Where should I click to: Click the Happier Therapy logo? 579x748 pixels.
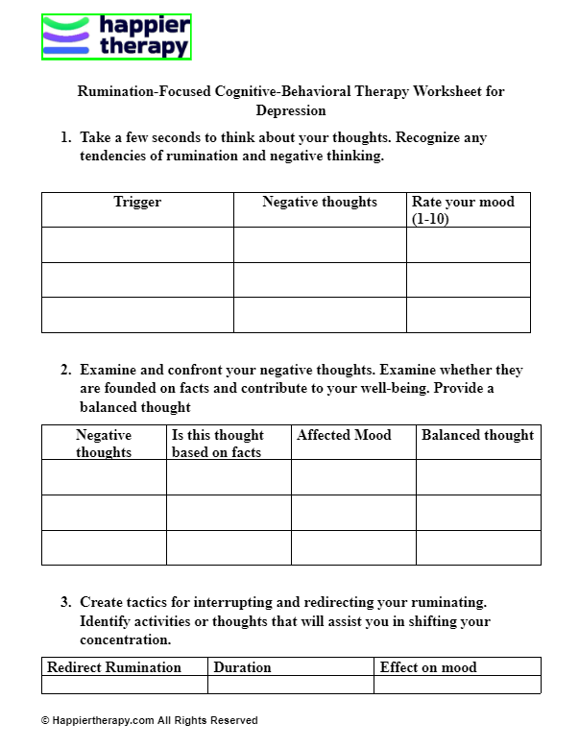[x=116, y=37]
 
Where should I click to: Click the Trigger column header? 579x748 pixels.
[x=137, y=203]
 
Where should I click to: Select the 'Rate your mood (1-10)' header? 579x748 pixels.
[x=463, y=210]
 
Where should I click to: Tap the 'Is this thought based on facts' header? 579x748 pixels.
[x=217, y=444]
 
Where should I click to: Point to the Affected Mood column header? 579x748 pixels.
[x=344, y=435]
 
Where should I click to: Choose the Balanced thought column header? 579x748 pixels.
[x=477, y=435]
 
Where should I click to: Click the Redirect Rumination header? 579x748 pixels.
[x=114, y=667]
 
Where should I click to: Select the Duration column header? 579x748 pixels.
[x=242, y=667]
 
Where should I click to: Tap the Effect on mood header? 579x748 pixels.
[x=428, y=667]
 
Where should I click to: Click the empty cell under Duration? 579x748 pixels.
[x=290, y=685]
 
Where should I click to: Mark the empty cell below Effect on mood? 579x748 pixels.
[x=457, y=685]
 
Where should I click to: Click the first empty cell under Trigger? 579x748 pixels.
[x=137, y=245]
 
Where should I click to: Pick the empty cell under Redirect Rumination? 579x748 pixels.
[x=125, y=685]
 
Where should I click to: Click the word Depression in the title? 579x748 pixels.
[x=290, y=110]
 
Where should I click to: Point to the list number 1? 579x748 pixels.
[x=65, y=138]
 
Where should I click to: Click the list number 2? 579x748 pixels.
[x=65, y=370]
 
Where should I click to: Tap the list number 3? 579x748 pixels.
[x=65, y=603]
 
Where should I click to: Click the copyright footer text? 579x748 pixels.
[x=149, y=720]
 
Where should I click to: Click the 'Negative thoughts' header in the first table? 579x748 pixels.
[x=320, y=203]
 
